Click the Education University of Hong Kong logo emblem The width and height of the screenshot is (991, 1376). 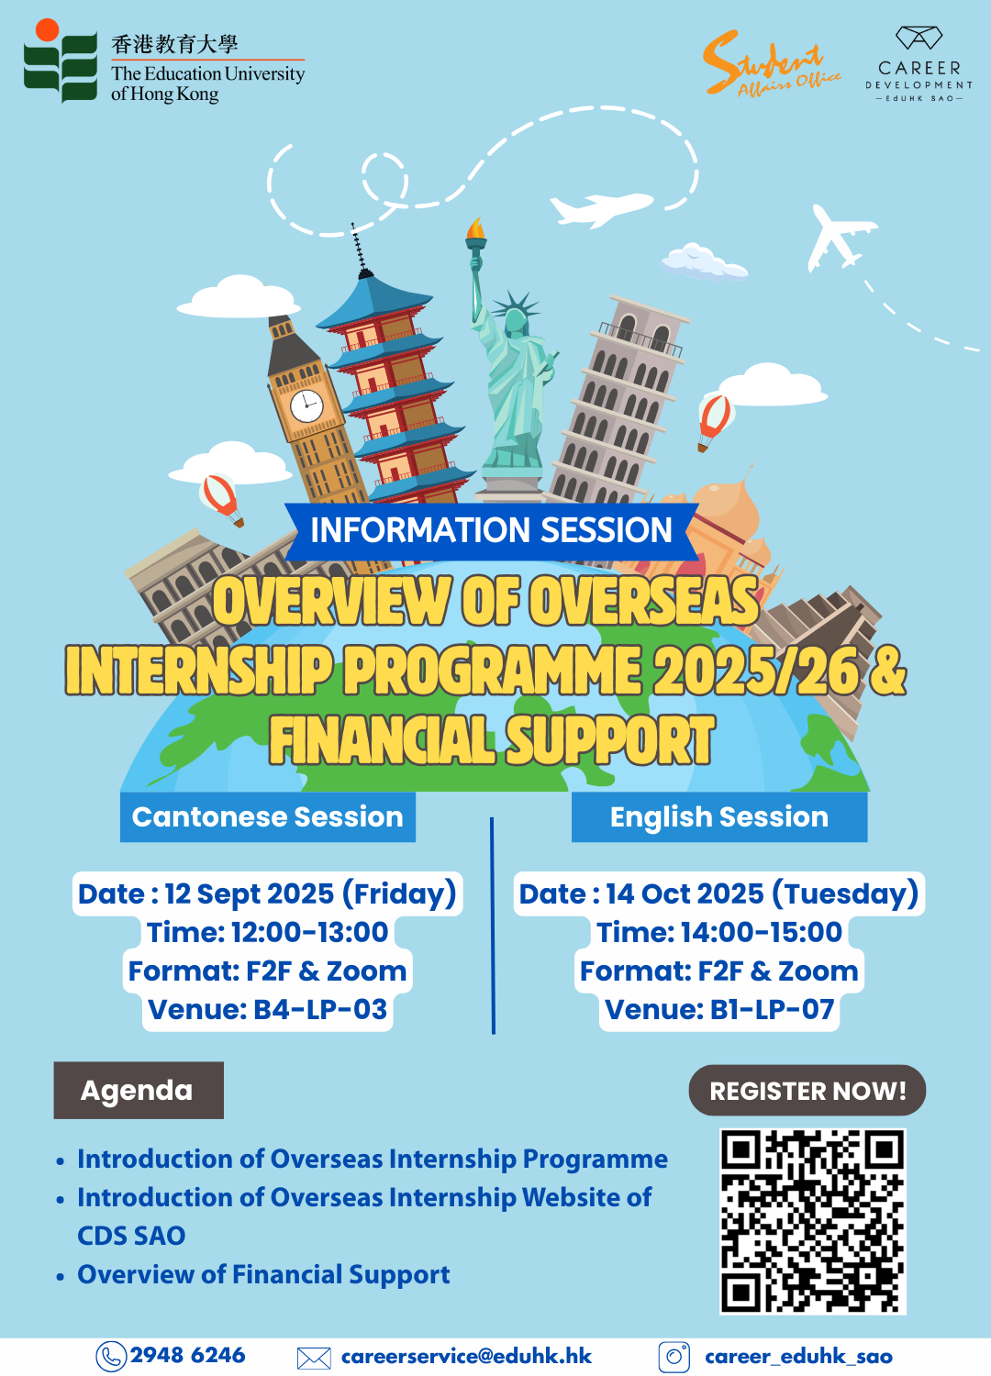pyautogui.click(x=61, y=61)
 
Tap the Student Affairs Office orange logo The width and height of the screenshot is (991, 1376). pyautogui.click(x=772, y=64)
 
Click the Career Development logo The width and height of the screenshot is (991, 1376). pyautogui.click(x=919, y=64)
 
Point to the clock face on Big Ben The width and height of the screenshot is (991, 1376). pyautogui.click(x=306, y=405)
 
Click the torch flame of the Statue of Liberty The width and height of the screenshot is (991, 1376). pyautogui.click(x=475, y=227)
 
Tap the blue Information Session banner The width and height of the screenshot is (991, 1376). pyautogui.click(x=492, y=531)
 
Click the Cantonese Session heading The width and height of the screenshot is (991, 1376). pyautogui.click(x=267, y=817)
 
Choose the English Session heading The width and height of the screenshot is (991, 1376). pyautogui.click(x=719, y=817)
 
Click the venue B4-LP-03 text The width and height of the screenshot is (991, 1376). pyautogui.click(x=268, y=1009)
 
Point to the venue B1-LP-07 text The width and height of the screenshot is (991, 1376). pyautogui.click(x=719, y=1009)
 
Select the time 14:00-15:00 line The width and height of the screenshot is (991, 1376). pyautogui.click(x=719, y=932)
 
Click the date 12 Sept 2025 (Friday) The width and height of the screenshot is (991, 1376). pyautogui.click(x=268, y=893)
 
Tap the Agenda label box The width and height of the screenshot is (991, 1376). pyautogui.click(x=139, y=1090)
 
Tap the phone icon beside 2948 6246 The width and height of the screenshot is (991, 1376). pyautogui.click(x=111, y=1357)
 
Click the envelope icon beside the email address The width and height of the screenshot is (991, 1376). pyautogui.click(x=314, y=1359)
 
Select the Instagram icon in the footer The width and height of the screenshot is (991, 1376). pyautogui.click(x=674, y=1357)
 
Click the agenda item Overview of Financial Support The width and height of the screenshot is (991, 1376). pyautogui.click(x=263, y=1275)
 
